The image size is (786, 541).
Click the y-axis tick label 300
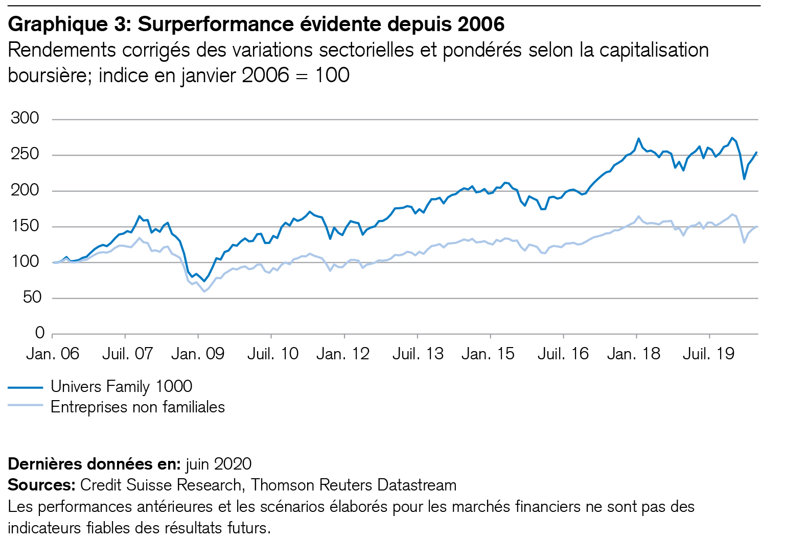click(x=25, y=118)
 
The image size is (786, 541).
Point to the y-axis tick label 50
click(x=31, y=298)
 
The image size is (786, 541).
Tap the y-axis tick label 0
click(x=39, y=333)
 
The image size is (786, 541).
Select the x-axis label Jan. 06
click(x=53, y=354)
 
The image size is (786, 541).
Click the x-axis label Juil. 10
click(x=272, y=354)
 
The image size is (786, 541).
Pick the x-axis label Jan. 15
click(x=488, y=354)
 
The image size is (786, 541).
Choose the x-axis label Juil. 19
click(x=708, y=354)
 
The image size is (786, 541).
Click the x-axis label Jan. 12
click(x=342, y=354)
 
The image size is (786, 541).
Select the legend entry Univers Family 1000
click(x=121, y=386)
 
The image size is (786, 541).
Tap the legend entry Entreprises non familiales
click(x=137, y=407)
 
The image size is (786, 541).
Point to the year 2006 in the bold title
click(x=480, y=24)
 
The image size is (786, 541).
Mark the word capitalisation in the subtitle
click(x=654, y=50)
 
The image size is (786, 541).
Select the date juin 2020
click(x=218, y=463)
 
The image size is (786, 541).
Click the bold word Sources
click(x=41, y=485)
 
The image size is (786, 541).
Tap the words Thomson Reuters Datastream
click(x=354, y=485)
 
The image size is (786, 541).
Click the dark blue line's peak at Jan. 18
click(x=638, y=138)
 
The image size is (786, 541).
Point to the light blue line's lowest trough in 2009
click(x=204, y=291)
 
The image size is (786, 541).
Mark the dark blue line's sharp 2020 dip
click(x=744, y=179)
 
